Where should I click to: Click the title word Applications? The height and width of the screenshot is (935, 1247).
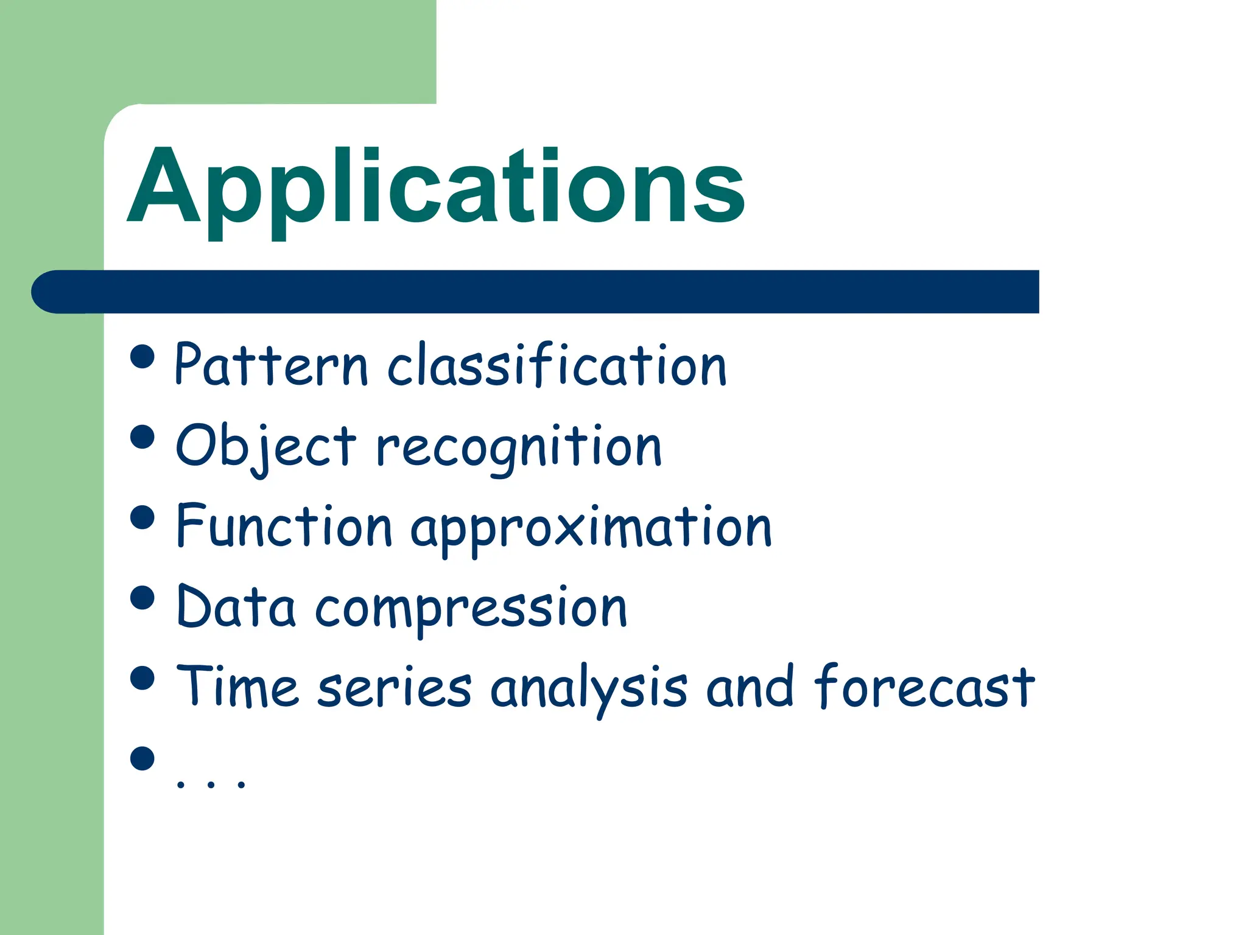coord(436,187)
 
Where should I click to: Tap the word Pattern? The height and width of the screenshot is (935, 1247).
coord(271,365)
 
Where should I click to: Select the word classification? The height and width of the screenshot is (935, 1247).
coord(557,365)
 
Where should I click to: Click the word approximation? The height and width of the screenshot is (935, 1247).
coord(591,528)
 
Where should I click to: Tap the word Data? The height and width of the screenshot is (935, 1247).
coord(236,607)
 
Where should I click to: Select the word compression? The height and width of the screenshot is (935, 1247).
coord(471,609)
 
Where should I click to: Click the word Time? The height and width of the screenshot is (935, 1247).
coord(237,687)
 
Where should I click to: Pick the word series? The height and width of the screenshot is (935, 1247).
coord(395,689)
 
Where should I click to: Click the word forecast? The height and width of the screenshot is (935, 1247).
coord(924,687)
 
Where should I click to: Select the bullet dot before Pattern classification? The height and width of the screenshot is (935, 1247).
coord(142,356)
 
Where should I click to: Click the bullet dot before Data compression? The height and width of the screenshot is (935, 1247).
coord(142,598)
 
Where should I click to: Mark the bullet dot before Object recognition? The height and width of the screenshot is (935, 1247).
coord(142,437)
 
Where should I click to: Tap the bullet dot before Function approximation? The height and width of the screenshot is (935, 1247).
coord(142,517)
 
